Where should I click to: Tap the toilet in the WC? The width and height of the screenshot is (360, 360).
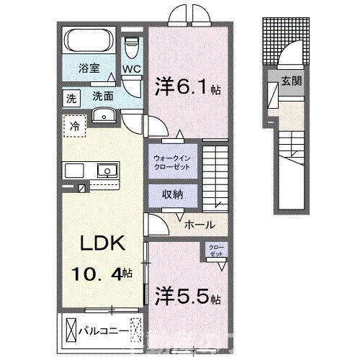coord(130,49)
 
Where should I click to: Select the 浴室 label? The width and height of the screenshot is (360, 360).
coord(89,70)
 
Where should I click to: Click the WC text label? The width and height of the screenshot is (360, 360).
coord(130,69)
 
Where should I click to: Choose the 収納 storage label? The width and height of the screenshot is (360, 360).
coord(171,194)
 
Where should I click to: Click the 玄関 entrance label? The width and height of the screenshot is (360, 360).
coord(292,81)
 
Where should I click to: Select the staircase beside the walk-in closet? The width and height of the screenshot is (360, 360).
coord(217,174)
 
